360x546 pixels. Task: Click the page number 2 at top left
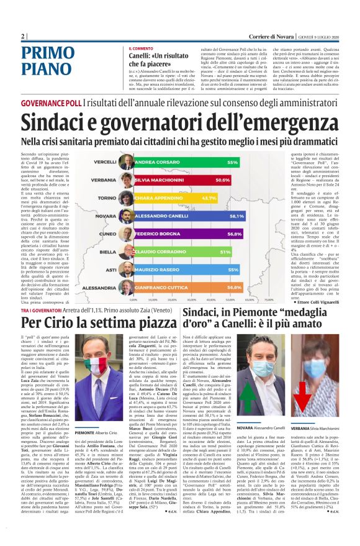[x=23, y=35]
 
